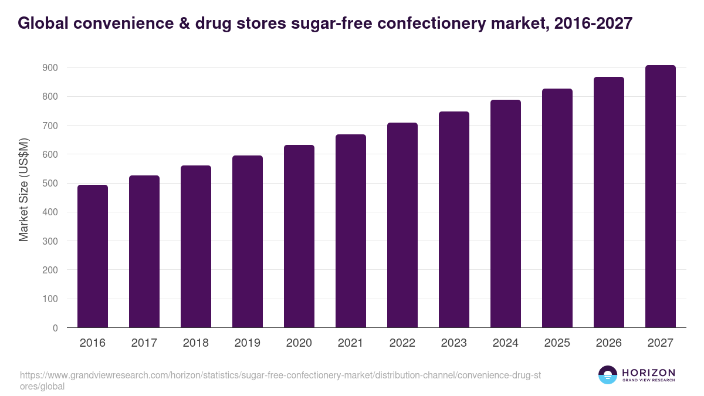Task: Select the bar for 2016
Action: (x=93, y=256)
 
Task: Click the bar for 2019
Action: (x=248, y=242)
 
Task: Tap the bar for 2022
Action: (x=402, y=225)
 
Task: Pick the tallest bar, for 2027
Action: (x=661, y=197)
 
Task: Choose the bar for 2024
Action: (x=506, y=214)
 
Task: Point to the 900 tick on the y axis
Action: (x=50, y=68)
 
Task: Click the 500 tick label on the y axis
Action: (x=50, y=184)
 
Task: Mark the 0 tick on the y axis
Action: (x=55, y=328)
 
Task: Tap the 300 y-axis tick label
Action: (x=50, y=241)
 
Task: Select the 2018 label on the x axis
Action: (x=196, y=343)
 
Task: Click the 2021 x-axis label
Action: (x=351, y=343)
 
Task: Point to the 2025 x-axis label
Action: (x=557, y=343)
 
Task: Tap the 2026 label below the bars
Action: (x=609, y=343)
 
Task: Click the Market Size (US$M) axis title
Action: (x=24, y=189)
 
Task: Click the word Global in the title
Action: (x=43, y=23)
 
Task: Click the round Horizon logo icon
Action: (x=608, y=375)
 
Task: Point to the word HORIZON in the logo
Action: (x=649, y=373)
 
